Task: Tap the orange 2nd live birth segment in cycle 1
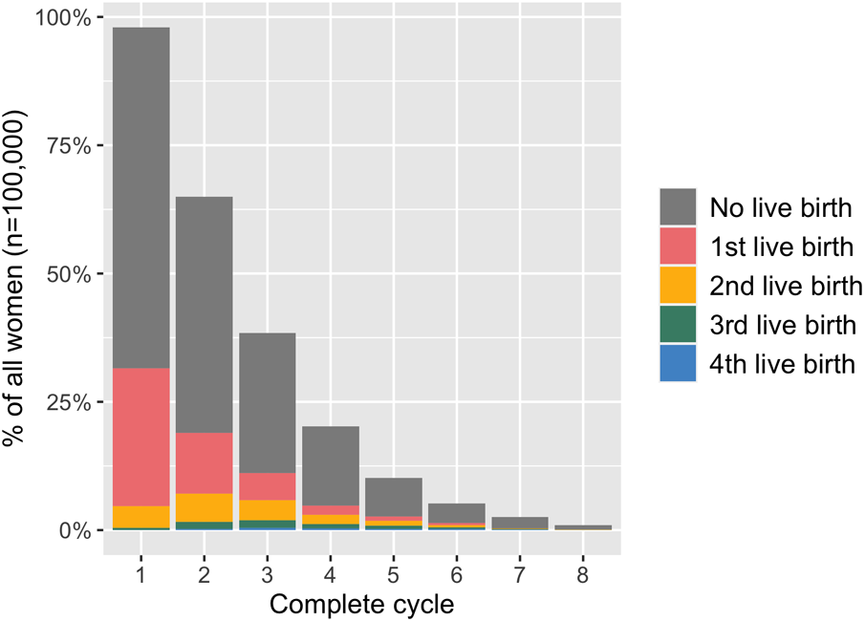coord(141,516)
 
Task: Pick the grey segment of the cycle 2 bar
coord(203,314)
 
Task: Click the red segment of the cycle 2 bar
coord(203,463)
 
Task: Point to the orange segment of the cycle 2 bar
coord(203,507)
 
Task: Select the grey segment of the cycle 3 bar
coord(266,402)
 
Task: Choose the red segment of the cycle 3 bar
coord(266,486)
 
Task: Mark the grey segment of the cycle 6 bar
coord(455,513)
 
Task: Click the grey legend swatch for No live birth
coord(678,205)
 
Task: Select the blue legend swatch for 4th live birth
coord(678,364)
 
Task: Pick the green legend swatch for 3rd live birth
coord(678,325)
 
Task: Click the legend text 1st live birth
coord(781,247)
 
